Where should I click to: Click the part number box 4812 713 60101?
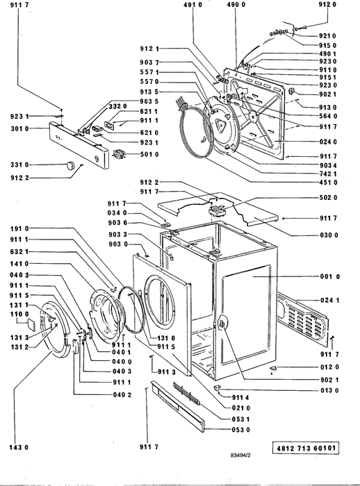(x=305, y=449)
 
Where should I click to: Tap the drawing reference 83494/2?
(x=240, y=455)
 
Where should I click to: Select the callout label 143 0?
(x=19, y=447)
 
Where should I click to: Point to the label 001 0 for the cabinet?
(x=329, y=276)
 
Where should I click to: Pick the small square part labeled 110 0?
(x=31, y=324)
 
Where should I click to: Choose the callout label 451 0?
(x=328, y=182)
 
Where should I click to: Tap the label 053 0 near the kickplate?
(x=241, y=430)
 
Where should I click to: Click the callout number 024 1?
(x=330, y=300)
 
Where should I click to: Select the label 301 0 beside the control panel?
(x=19, y=128)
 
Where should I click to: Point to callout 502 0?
(x=328, y=197)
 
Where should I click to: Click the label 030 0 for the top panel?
(x=329, y=235)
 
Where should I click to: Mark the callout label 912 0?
(x=327, y=4)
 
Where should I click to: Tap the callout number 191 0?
(x=19, y=228)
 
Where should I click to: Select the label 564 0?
(x=328, y=116)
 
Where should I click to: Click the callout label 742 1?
(x=328, y=174)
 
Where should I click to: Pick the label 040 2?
(x=122, y=394)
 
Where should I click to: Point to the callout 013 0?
(x=329, y=390)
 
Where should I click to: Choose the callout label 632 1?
(x=19, y=251)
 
